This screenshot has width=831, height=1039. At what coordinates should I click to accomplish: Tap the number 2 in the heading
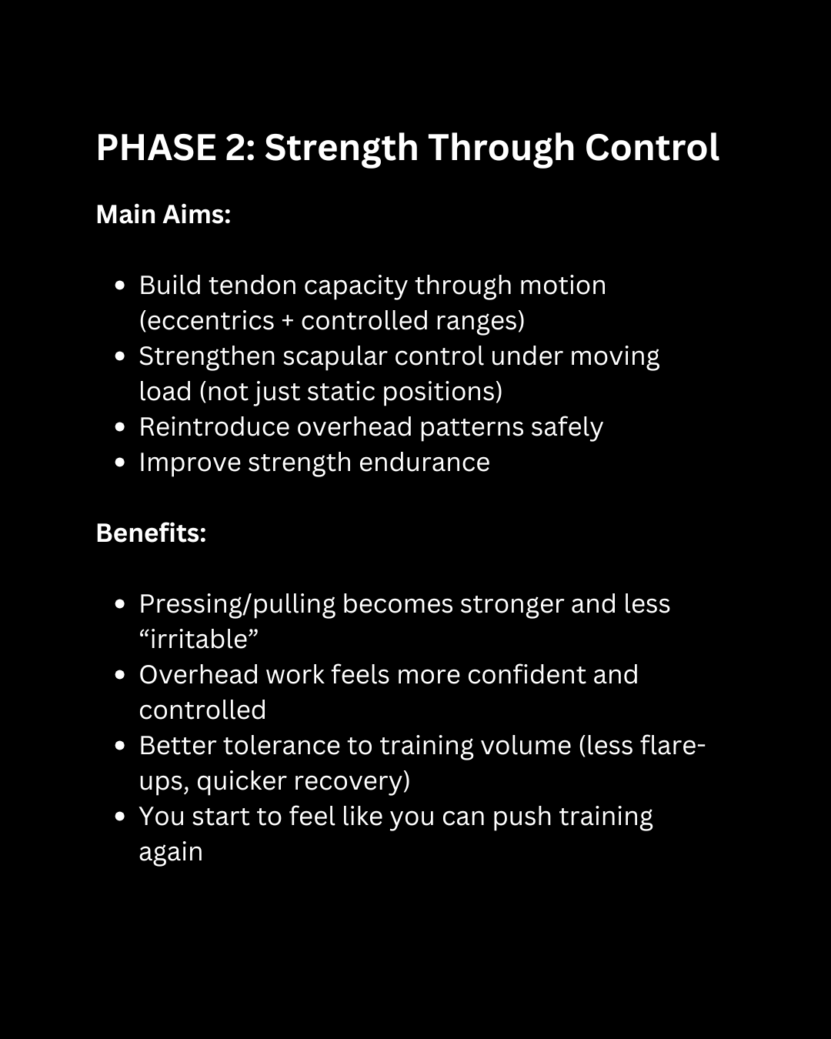coord(235,148)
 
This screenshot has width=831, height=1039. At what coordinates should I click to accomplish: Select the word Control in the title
coord(652,148)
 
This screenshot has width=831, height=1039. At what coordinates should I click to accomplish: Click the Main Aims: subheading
coord(163,215)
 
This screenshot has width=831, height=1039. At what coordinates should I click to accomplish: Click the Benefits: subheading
coord(151,533)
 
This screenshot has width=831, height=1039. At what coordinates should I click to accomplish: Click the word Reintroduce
coord(214,427)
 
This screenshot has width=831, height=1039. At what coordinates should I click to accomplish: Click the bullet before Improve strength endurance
coord(119,463)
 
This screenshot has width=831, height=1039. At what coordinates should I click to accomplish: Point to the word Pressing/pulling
coord(237,605)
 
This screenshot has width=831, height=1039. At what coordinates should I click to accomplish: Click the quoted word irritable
coord(199,640)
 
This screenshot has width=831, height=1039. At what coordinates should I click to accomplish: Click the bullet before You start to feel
coord(119,817)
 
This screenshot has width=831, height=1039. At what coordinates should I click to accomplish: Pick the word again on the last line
coord(171,853)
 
